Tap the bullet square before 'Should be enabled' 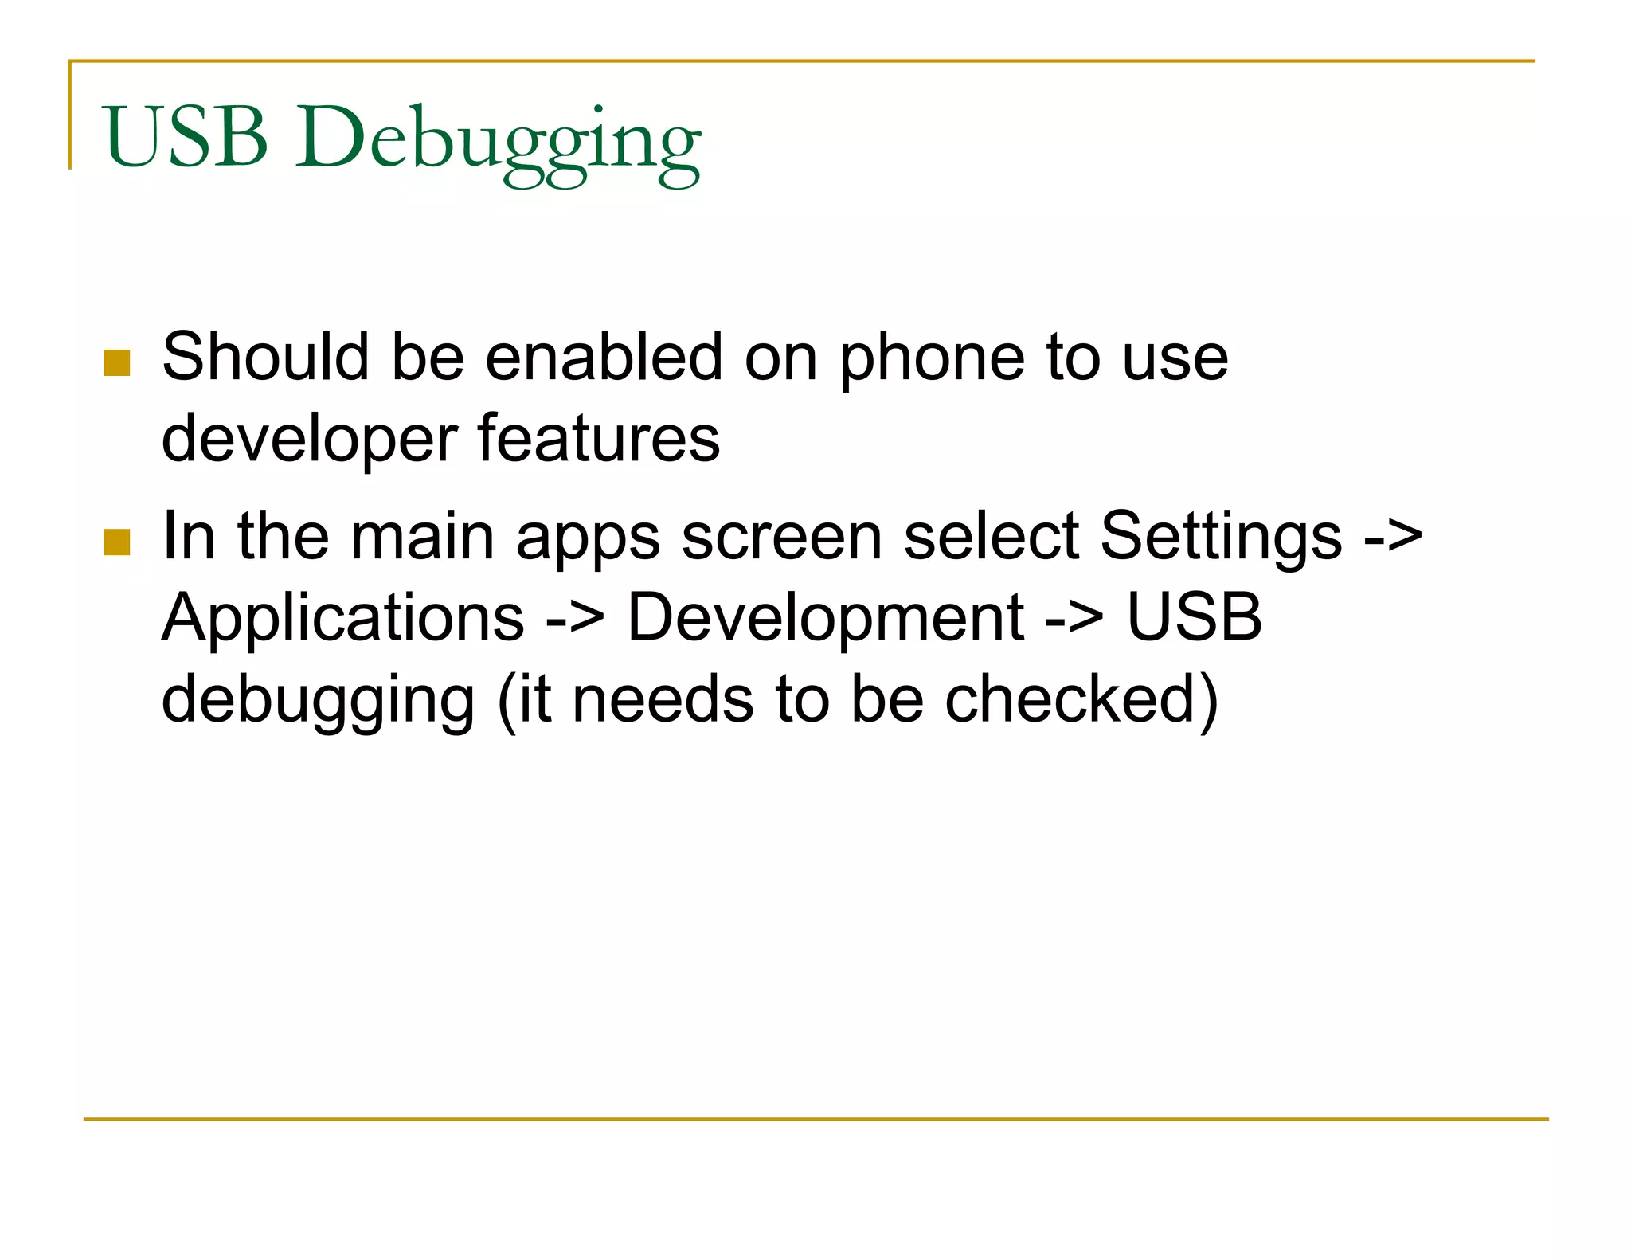117,362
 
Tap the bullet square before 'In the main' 117,542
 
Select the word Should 265,357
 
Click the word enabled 603,357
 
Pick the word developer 309,440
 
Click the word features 599,438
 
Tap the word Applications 342,619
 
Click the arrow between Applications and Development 575,619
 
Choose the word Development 826,619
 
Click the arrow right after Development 1074,619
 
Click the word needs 663,698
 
